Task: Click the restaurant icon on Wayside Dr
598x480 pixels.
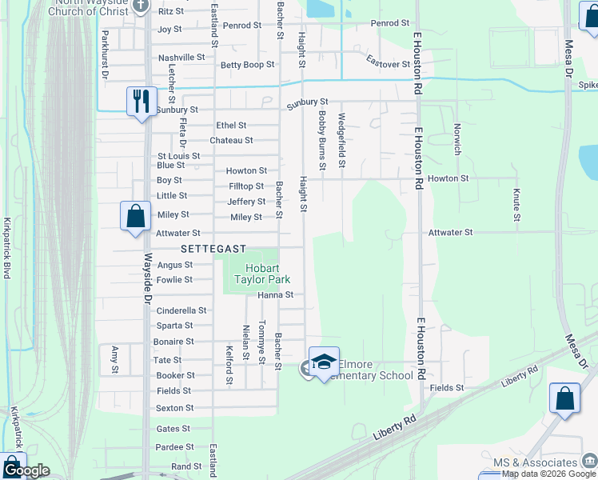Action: (142, 102)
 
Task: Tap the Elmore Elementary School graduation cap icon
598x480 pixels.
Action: (324, 362)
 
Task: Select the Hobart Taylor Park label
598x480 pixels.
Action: (261, 274)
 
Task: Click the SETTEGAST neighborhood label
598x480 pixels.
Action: (213, 249)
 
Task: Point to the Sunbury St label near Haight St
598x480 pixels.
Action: (308, 102)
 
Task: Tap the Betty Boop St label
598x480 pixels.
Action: (247, 65)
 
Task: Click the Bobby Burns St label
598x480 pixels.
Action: (322, 140)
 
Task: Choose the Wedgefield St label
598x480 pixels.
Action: (341, 140)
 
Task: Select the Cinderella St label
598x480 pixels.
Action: (181, 310)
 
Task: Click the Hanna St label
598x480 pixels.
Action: (276, 295)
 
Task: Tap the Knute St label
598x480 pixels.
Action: (516, 205)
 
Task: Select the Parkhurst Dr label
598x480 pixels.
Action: (105, 54)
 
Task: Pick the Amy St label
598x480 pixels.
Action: (115, 359)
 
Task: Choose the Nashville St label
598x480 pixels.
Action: (181, 58)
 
